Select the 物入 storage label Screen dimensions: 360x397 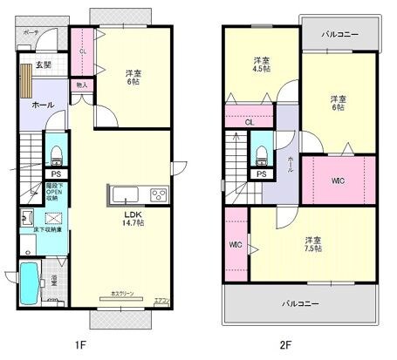coord(81,85)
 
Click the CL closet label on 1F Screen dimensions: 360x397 coord(83,51)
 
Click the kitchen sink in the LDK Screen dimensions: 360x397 coord(122,194)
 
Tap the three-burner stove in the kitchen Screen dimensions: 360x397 coord(160,194)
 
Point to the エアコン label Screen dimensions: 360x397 coord(161,301)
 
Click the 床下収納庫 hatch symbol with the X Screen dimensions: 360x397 coord(55,218)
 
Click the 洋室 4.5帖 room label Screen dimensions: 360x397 coord(260,65)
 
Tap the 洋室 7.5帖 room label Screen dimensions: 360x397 coord(312,244)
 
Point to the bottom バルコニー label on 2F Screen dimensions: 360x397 coord(299,304)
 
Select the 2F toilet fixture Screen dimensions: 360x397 coord(261,153)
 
